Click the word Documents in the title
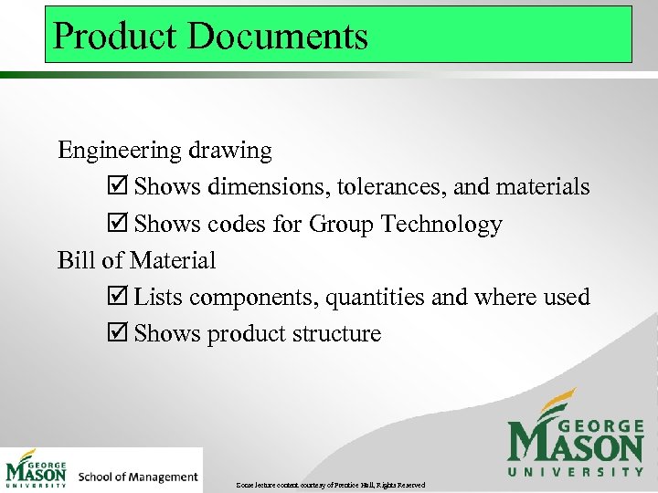click(x=278, y=36)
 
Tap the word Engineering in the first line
click(x=114, y=151)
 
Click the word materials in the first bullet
click(x=542, y=187)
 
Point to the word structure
click(x=334, y=333)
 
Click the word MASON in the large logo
click(x=576, y=445)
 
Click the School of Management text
click(x=138, y=477)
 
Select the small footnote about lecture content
click(x=329, y=484)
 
